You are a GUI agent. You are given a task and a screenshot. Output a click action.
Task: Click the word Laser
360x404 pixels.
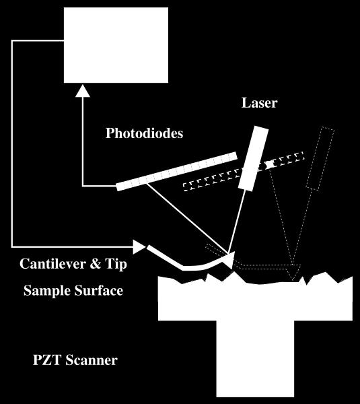click(259, 102)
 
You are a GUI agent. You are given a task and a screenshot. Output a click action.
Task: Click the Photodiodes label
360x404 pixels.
click(144, 133)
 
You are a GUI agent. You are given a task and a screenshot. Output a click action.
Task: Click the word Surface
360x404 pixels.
click(99, 290)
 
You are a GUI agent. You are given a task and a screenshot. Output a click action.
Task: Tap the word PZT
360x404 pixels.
click(47, 360)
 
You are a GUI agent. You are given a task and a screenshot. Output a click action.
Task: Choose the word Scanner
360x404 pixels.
click(92, 360)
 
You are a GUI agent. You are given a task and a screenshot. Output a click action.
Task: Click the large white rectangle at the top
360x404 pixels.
click(116, 45)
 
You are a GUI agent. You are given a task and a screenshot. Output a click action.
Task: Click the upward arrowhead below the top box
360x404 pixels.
click(83, 91)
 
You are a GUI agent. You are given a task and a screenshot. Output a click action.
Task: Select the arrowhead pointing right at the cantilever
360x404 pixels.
click(139, 247)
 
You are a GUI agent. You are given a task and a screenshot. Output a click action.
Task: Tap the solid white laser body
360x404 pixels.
click(253, 158)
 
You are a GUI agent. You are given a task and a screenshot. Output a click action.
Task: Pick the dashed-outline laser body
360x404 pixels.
click(320, 159)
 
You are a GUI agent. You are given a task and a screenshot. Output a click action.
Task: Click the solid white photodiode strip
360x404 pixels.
click(177, 171)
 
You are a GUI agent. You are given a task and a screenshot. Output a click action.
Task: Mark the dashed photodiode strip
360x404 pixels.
click(244, 172)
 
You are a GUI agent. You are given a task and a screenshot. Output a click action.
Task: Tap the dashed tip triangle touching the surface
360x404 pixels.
click(293, 271)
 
